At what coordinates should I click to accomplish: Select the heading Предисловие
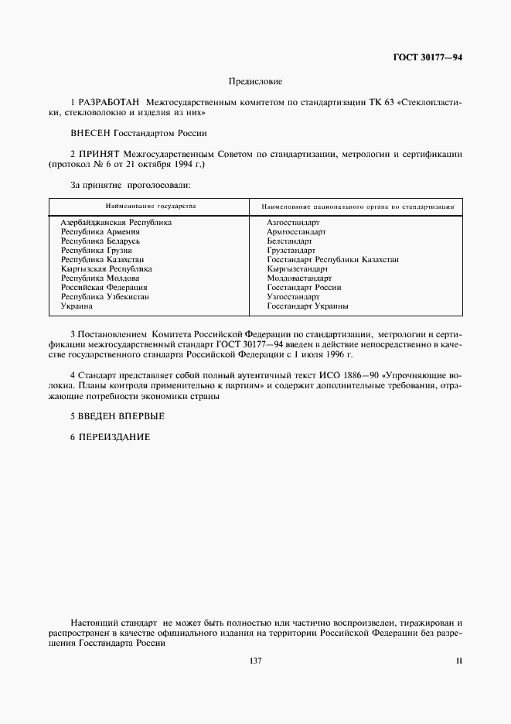pos(255,81)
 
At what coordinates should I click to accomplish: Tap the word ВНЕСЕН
pos(90,132)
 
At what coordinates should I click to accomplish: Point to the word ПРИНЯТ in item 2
pos(100,153)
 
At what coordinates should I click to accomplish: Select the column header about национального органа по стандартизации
pos(357,207)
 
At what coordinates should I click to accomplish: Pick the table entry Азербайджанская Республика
pos(116,223)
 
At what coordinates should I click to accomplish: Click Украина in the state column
pos(77,306)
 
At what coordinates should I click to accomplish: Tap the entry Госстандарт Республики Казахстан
pos(332,260)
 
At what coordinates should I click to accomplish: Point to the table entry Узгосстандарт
pos(293,297)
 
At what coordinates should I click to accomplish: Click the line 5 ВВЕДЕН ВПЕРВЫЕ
pos(118,416)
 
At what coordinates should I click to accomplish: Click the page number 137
pos(255,660)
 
